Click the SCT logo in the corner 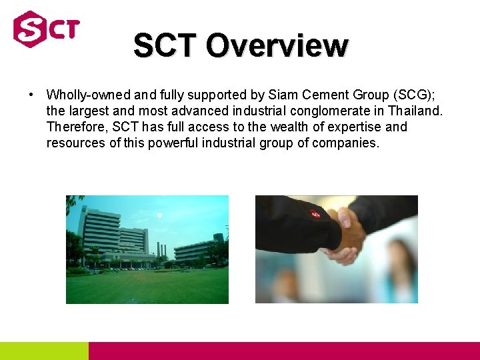(x=46, y=29)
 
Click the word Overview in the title (x=277, y=46)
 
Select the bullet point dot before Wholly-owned (x=31, y=95)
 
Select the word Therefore (x=76, y=127)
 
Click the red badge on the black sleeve (x=315, y=214)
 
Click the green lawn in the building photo (x=147, y=287)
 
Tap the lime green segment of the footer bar (x=44, y=351)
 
